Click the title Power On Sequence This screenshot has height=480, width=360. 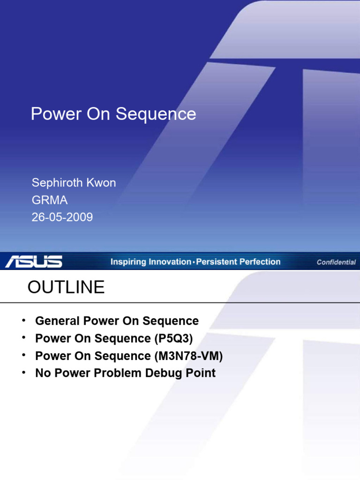pos(113,114)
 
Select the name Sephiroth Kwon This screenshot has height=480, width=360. pos(73,183)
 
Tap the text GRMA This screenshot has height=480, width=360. pos(49,200)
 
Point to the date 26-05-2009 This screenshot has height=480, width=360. pos(62,217)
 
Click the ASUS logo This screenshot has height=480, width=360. pos(34,262)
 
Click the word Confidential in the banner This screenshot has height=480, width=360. pos(336,262)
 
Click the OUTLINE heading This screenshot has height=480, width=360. pos(66,287)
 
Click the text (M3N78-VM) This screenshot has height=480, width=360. pos(188,356)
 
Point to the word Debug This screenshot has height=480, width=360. pos(169,373)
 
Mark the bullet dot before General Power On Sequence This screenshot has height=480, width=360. pos(22,321)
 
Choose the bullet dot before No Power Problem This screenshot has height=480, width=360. pos(22,373)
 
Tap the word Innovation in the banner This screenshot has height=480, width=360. pos(169,262)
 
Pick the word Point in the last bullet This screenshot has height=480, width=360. pos(202,373)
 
